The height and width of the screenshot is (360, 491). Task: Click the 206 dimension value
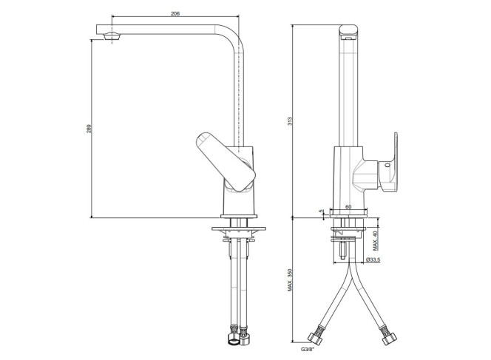[175, 14]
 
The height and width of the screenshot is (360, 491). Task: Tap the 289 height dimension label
[89, 129]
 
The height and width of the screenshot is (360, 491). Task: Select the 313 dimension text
[290, 121]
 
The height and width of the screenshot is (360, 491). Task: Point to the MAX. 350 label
[290, 279]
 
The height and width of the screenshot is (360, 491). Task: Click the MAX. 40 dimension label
[375, 241]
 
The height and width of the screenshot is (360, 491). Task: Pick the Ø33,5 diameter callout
[373, 259]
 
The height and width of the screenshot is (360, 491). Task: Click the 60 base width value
[348, 207]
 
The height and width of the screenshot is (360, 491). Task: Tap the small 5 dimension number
[321, 211]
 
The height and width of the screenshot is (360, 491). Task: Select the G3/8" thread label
[307, 350]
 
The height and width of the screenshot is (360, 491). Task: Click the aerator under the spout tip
[112, 36]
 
